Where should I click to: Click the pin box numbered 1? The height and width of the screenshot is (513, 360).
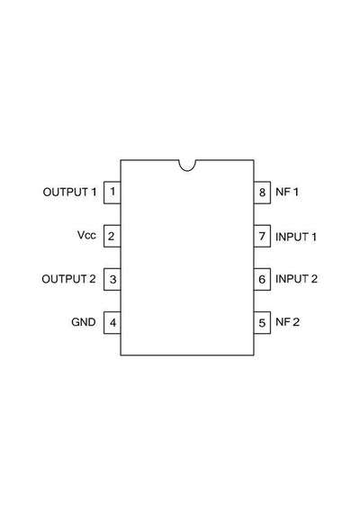(x=112, y=193)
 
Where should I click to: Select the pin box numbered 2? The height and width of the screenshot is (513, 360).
(x=112, y=236)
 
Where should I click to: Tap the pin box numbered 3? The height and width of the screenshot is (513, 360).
(x=112, y=279)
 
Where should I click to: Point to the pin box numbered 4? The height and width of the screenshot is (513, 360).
(x=112, y=322)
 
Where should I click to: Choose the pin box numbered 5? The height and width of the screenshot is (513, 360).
(x=262, y=322)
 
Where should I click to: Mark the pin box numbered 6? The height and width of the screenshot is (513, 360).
(x=262, y=279)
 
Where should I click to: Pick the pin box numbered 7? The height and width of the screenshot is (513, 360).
(x=262, y=236)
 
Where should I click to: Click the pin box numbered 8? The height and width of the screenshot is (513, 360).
(x=262, y=193)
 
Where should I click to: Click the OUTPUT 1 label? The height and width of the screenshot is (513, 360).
(x=69, y=192)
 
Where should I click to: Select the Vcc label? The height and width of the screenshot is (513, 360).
(x=86, y=235)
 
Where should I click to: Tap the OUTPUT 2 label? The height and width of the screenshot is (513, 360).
(x=68, y=279)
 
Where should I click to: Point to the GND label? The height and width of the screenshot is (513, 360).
(x=84, y=322)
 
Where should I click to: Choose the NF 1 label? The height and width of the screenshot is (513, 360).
(x=287, y=192)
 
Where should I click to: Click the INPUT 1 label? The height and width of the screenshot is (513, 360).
(x=296, y=237)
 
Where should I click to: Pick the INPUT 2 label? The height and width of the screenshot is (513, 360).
(x=296, y=279)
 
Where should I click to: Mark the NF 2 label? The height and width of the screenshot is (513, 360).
(x=287, y=322)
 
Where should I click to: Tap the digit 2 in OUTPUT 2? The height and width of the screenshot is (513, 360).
(x=93, y=279)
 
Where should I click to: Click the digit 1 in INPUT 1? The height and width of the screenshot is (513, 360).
(x=314, y=237)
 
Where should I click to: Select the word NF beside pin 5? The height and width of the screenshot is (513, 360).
(x=283, y=322)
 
